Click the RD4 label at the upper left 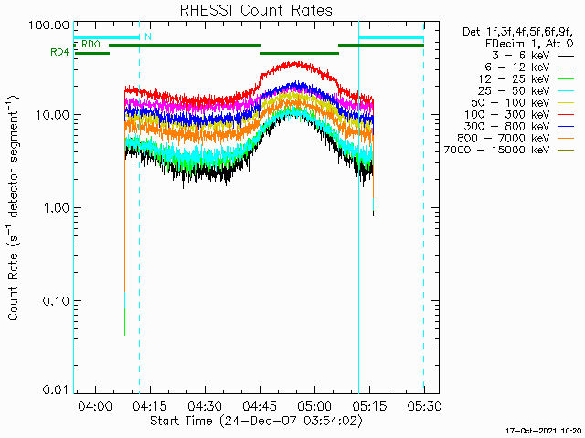click(x=59, y=53)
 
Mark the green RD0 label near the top click(x=90, y=44)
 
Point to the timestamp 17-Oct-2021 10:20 click(x=545, y=430)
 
